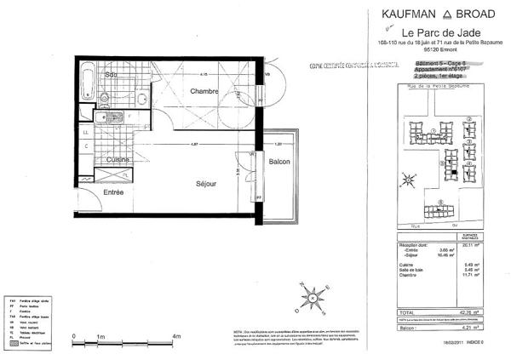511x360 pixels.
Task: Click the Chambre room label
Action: click(204, 91)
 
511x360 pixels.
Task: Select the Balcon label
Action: click(280, 162)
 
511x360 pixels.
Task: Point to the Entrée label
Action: click(114, 192)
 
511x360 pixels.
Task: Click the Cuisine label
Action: click(118, 160)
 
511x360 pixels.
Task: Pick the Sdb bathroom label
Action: click(112, 75)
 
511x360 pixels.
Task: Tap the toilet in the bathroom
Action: click(100, 118)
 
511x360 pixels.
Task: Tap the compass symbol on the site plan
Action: click(410, 180)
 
